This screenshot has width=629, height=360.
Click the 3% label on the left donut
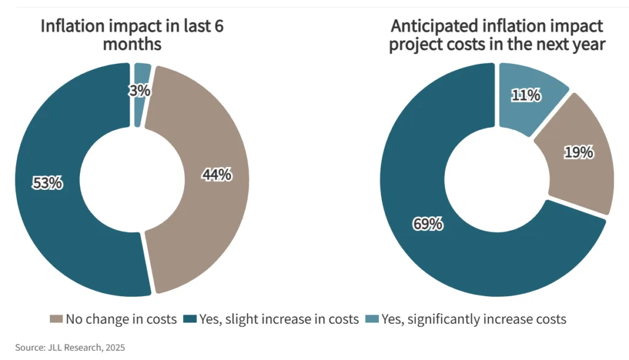tap(140, 90)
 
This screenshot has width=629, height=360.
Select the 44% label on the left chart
tap(217, 174)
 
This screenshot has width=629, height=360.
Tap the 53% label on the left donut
tap(47, 182)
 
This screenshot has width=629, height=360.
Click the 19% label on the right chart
tap(579, 152)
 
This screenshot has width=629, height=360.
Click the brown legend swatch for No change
tap(55, 319)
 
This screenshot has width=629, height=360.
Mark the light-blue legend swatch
tap(373, 319)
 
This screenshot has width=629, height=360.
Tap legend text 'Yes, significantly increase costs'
tap(474, 319)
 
